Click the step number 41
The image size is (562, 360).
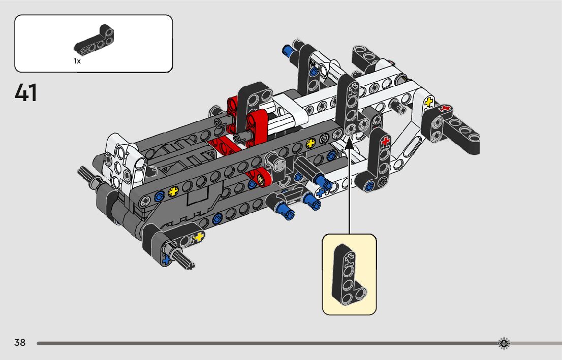[25, 93]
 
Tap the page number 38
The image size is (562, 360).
[20, 342]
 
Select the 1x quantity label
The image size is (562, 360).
[77, 61]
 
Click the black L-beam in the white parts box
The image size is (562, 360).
[94, 40]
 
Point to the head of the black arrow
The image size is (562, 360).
[350, 142]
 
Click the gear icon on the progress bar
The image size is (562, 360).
[504, 343]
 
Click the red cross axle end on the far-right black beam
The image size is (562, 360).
[446, 108]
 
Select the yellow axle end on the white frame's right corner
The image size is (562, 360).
[429, 102]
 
